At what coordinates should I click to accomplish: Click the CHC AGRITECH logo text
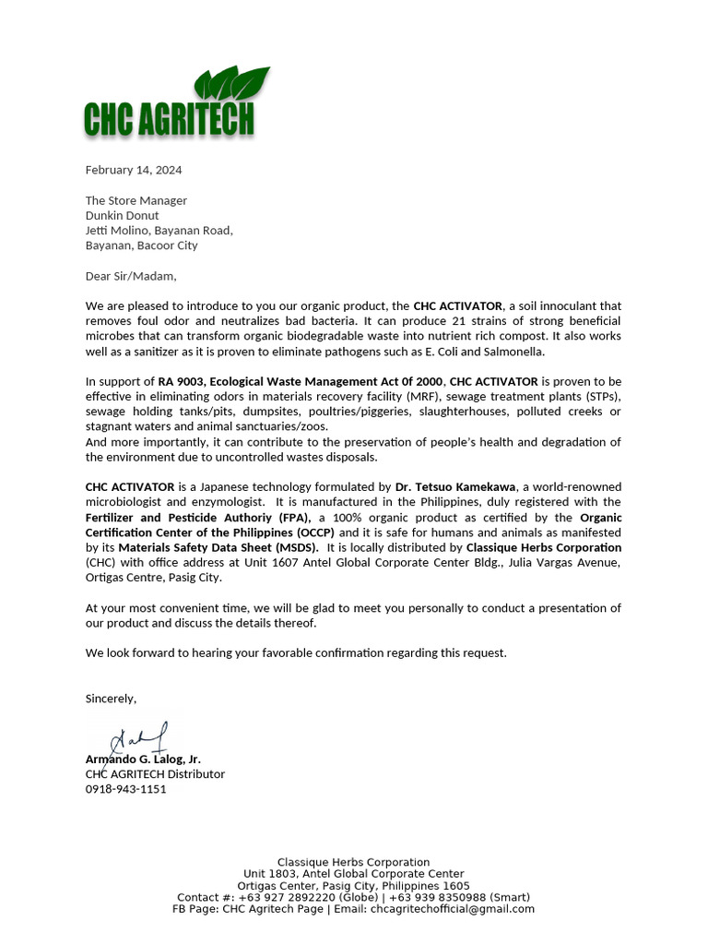point(169,119)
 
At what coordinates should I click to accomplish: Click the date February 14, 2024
point(134,170)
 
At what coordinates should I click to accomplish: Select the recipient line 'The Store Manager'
point(136,200)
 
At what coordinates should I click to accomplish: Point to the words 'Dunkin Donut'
point(123,215)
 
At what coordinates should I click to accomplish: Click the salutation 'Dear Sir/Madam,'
point(130,276)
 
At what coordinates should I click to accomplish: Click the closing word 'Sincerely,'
point(111,699)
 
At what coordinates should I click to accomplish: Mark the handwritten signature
point(138,740)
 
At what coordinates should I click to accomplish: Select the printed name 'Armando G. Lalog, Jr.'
point(143,759)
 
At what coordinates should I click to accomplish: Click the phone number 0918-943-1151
point(126,789)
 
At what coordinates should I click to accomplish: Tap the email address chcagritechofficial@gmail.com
point(453,909)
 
